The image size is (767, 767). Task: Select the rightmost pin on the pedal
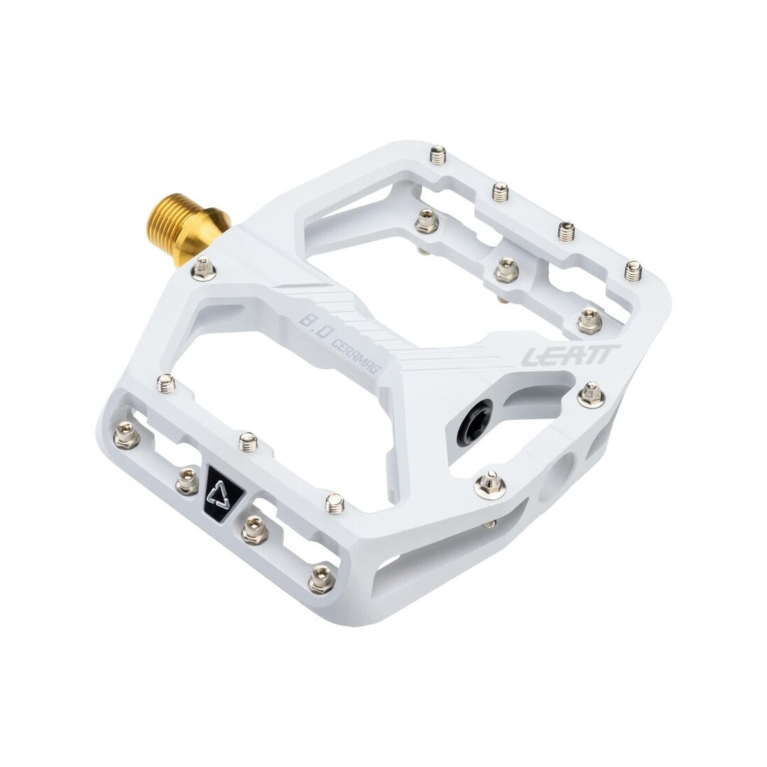[x=634, y=271]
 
